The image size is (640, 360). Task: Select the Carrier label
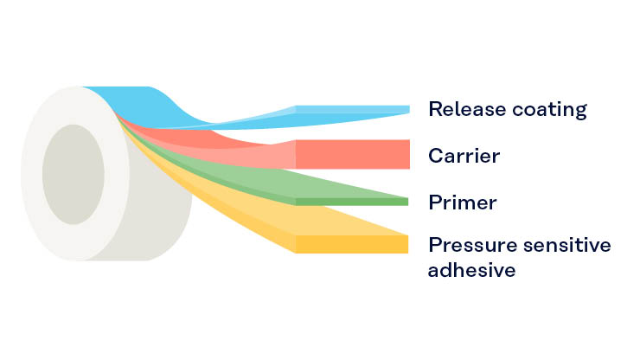point(464,156)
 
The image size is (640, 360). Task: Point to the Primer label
point(462,202)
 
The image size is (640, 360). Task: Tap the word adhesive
point(472,270)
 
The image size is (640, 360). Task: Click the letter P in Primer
point(435,202)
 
